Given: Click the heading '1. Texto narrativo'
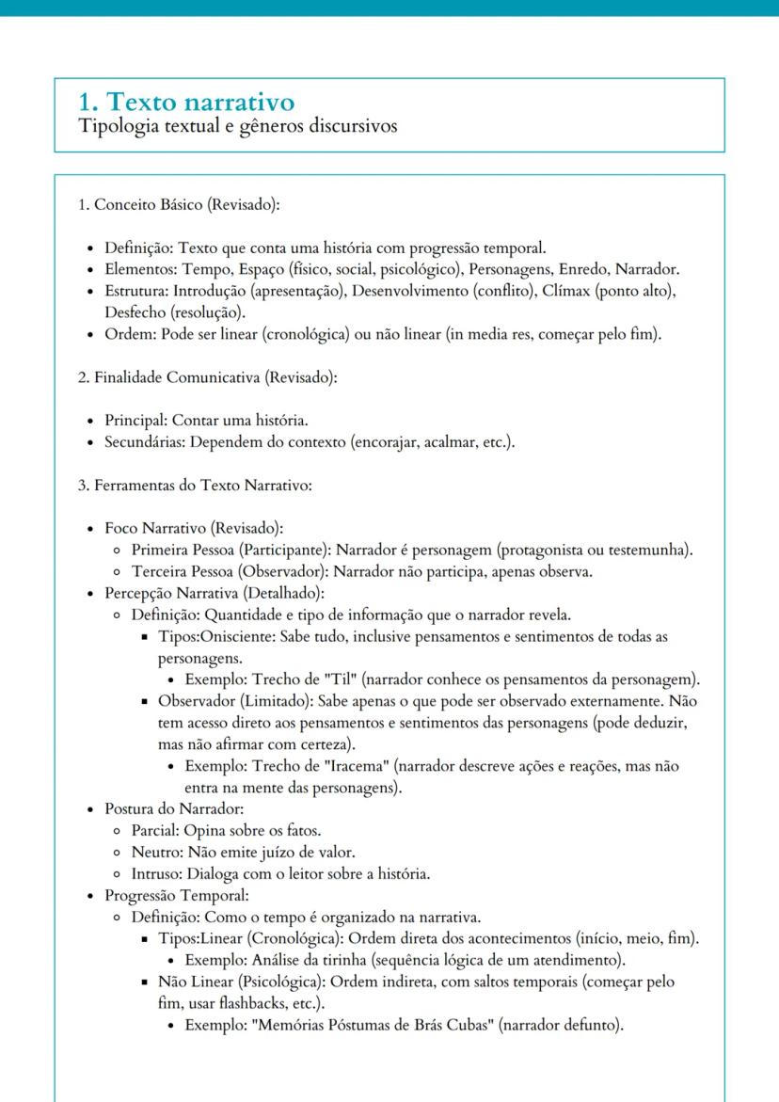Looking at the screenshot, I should click(188, 101).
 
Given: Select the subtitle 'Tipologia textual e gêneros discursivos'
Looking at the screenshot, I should click(240, 127).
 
